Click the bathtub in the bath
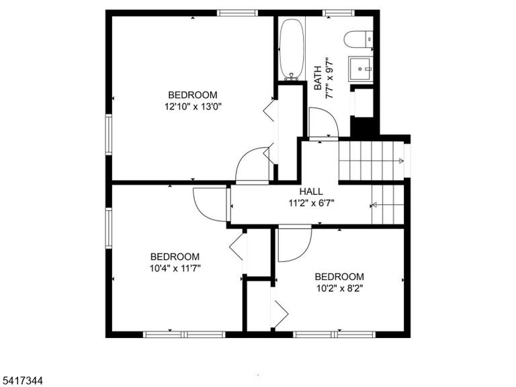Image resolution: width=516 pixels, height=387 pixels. pyautogui.click(x=292, y=48)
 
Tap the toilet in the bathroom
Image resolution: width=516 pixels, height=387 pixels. pyautogui.click(x=358, y=40)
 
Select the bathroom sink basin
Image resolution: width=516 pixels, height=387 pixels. pyautogui.click(x=361, y=69)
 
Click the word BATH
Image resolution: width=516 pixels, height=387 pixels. pyautogui.click(x=318, y=78)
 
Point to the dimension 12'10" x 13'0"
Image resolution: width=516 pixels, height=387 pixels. pyautogui.click(x=193, y=107)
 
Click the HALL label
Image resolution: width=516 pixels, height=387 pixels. pyautogui.click(x=311, y=191)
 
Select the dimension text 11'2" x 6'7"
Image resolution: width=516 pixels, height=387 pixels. pyautogui.click(x=311, y=204)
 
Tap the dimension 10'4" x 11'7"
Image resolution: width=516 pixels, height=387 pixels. pyautogui.click(x=175, y=269)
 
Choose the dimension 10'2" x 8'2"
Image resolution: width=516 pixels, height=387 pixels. pyautogui.click(x=339, y=289)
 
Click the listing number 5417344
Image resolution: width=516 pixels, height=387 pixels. pyautogui.click(x=21, y=381)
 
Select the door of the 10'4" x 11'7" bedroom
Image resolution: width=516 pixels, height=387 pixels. pyautogui.click(x=210, y=204)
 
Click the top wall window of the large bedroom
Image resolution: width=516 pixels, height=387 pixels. pyautogui.click(x=237, y=13)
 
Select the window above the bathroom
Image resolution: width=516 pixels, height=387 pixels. pyautogui.click(x=339, y=13)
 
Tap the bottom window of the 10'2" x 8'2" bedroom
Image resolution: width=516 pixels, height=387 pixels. pyautogui.click(x=335, y=335)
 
